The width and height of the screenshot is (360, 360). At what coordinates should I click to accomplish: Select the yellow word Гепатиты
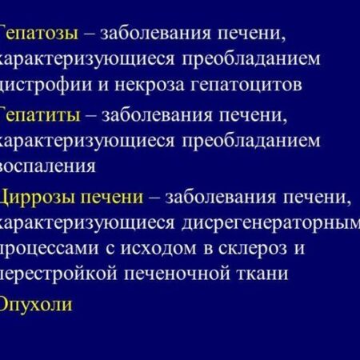[x=40, y=115]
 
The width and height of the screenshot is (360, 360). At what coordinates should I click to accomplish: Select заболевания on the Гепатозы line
[x=158, y=33]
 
